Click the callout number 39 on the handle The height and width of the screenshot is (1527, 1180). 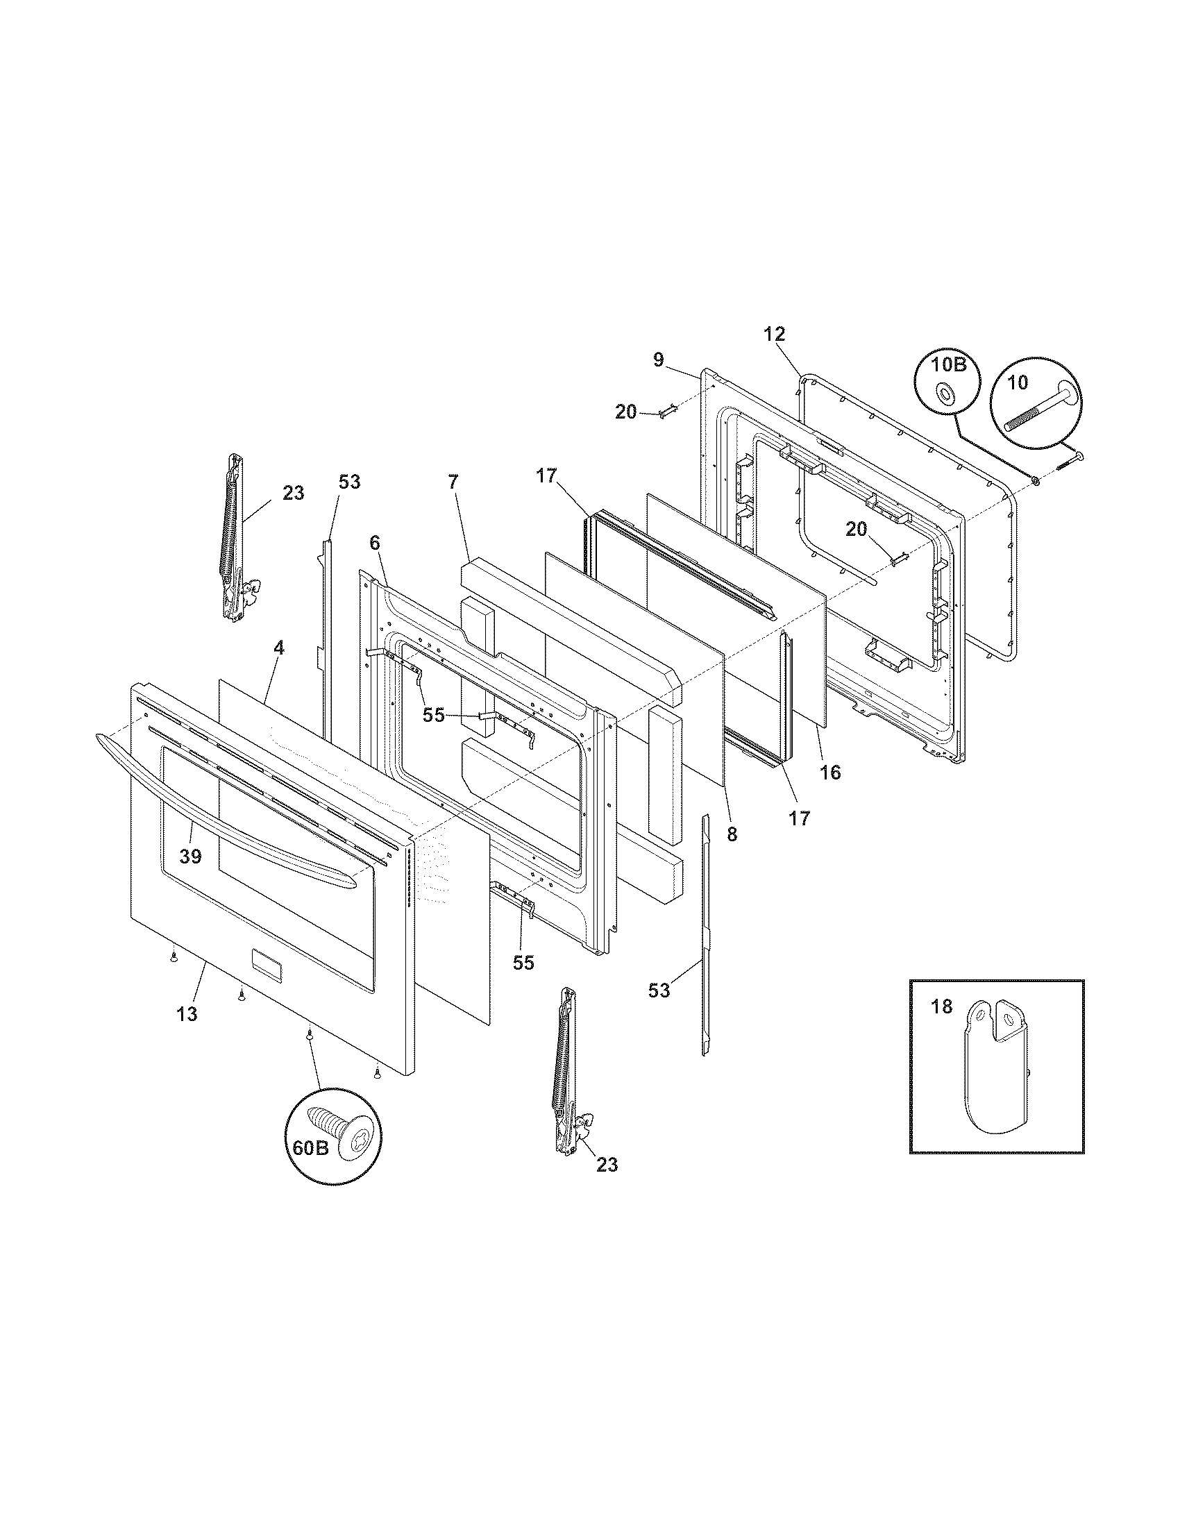coord(190,857)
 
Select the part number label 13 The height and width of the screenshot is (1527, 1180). coord(187,1014)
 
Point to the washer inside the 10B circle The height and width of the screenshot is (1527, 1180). coord(945,396)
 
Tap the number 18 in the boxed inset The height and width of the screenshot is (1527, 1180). coord(942,1007)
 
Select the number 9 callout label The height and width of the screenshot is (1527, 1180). coord(659,360)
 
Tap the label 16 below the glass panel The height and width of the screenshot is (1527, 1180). coord(830,772)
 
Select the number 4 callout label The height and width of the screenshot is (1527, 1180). coord(279,648)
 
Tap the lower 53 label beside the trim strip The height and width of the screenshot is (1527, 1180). coord(659,990)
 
